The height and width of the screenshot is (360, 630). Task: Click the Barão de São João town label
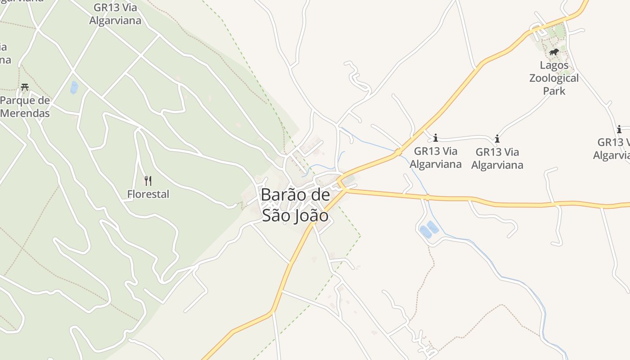pos(295,205)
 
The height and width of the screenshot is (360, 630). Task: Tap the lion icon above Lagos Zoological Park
pos(553,52)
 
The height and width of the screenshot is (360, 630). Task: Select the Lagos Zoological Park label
pos(553,78)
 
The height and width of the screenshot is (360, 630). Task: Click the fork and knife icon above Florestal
pos(148,181)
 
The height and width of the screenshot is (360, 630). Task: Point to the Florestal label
pos(148,194)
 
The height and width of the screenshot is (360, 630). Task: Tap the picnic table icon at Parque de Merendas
pos(25,87)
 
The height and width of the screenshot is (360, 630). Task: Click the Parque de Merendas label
pos(25,107)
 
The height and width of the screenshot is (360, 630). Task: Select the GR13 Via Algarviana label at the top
pos(115,14)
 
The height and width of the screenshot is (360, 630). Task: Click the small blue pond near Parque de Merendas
pos(74,87)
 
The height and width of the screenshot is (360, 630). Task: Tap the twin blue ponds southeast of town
pos(429,229)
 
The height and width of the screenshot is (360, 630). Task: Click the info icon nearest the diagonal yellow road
pos(435,138)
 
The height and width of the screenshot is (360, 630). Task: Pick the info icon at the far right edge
pos(619,129)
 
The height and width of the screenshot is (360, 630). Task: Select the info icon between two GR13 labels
pos(497,139)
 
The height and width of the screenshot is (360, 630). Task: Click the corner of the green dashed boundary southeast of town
pos(360,235)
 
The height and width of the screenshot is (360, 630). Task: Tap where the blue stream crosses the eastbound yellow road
pos(427,197)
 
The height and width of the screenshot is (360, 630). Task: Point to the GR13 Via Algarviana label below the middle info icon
pos(497,159)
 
